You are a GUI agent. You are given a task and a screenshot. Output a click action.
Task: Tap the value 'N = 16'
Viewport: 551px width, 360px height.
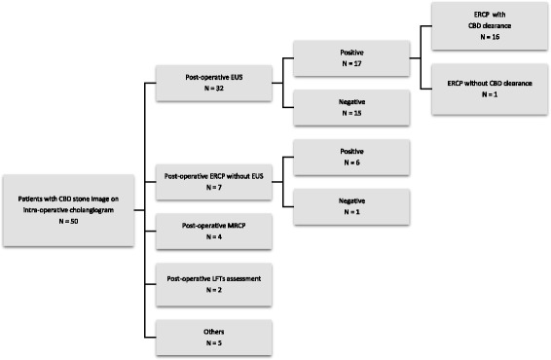484,40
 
